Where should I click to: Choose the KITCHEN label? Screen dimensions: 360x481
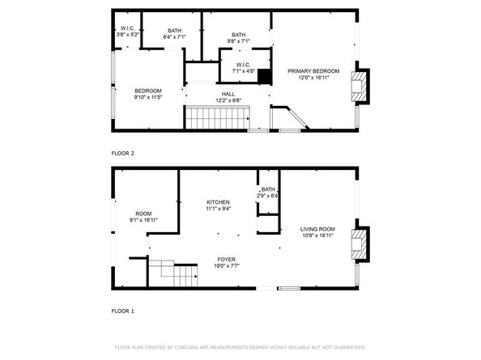click(218, 202)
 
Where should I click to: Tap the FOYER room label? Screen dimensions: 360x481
click(226, 259)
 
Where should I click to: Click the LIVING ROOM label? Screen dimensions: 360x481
click(317, 229)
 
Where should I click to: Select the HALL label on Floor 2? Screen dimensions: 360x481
click(228, 93)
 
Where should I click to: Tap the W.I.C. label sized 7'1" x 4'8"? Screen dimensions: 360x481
click(245, 65)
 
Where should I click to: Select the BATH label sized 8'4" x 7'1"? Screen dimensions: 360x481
click(175, 30)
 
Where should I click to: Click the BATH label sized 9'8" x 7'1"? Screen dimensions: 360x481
click(238, 35)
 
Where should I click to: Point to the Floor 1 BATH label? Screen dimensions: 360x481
click(268, 189)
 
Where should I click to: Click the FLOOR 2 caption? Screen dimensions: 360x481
click(122, 152)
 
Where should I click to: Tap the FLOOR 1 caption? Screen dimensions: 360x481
click(122, 310)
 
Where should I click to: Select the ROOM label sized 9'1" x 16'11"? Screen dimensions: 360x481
click(143, 214)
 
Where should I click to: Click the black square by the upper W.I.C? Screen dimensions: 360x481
click(262, 72)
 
